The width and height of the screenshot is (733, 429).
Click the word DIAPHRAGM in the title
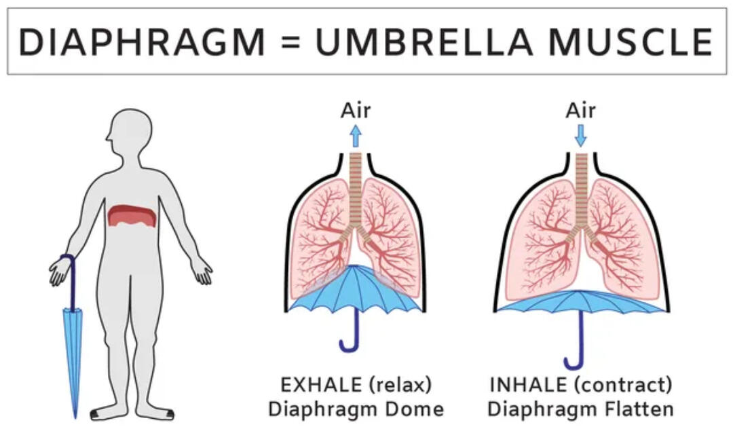coord(142,42)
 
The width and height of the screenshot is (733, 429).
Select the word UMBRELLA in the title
coord(424,42)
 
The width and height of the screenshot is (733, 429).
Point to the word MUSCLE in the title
coord(631,42)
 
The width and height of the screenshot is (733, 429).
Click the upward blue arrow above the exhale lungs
coord(356,136)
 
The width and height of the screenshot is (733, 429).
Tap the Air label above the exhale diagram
coord(356,111)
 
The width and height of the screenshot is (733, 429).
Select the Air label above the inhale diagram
coord(580,111)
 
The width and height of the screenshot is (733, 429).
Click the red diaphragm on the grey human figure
coord(132,216)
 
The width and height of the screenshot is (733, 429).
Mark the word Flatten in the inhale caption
coord(639,409)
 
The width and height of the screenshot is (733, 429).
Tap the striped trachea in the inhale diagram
coord(581,190)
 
